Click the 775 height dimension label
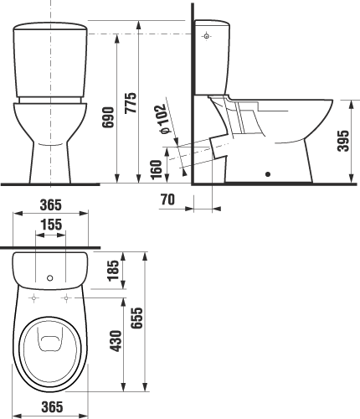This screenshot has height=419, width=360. (131, 102)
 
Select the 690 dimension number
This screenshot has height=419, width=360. (108, 117)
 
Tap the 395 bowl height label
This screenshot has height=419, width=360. (343, 141)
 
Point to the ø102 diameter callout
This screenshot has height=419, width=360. (164, 119)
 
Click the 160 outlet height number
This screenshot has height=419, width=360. (156, 169)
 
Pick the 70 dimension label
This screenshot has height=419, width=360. (167, 199)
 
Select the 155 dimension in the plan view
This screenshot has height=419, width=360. (51, 225)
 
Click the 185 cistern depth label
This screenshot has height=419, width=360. (113, 271)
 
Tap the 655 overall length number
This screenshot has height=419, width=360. (136, 318)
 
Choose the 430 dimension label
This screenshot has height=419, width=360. (116, 341)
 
